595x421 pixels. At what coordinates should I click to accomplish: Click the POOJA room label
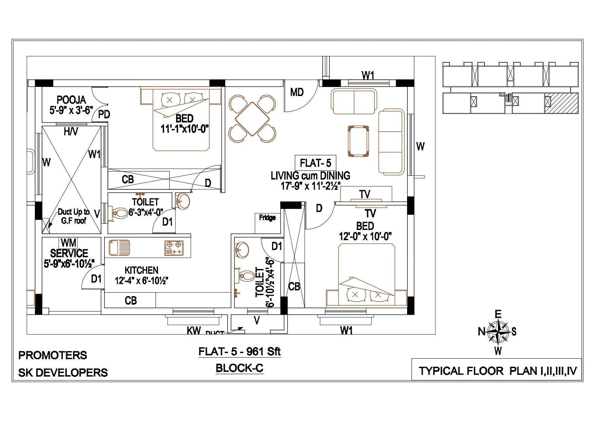[x=71, y=100]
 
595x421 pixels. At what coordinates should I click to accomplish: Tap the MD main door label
[x=297, y=92]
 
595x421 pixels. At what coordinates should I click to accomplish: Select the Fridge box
[x=267, y=223]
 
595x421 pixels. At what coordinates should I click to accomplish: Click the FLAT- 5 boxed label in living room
[x=315, y=164]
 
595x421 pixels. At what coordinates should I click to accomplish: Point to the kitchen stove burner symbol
[x=173, y=248]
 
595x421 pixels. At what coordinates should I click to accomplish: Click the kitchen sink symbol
[x=119, y=248]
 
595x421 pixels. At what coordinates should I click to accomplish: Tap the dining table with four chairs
[x=252, y=118]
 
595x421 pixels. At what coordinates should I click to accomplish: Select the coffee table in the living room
[x=358, y=141]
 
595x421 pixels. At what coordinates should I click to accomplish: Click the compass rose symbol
[x=497, y=332]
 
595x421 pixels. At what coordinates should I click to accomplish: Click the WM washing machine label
[x=68, y=243]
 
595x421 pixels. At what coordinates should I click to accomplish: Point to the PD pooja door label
[x=104, y=115]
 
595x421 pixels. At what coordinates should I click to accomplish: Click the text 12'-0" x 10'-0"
[x=365, y=236]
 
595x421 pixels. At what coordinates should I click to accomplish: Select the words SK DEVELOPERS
[x=63, y=372]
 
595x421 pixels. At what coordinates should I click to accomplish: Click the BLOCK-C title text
[x=239, y=368]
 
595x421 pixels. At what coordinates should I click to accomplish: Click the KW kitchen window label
[x=194, y=330]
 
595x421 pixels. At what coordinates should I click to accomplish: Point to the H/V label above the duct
[x=71, y=132]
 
